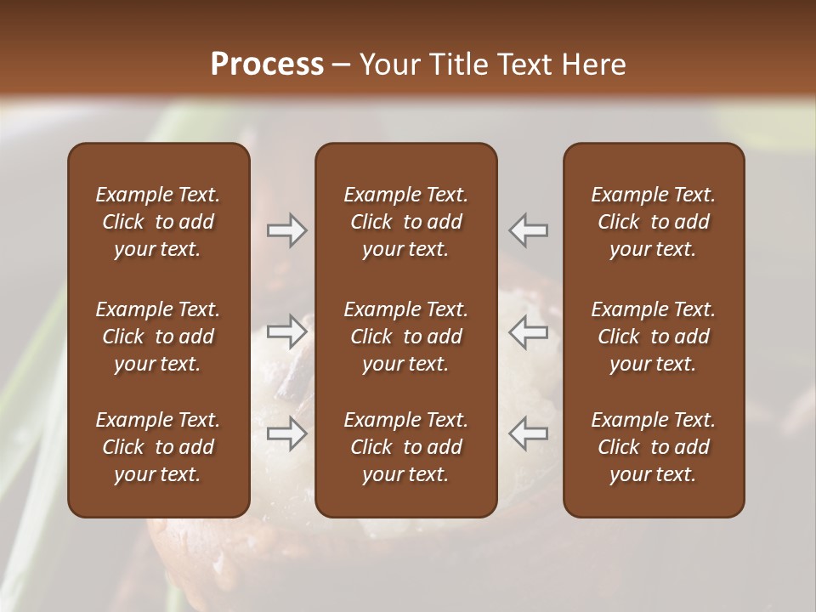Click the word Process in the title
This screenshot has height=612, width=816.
pos(267,65)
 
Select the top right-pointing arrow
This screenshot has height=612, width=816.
pos(287,230)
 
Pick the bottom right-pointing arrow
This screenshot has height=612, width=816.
pos(287,433)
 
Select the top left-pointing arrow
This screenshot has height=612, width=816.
pos(528,230)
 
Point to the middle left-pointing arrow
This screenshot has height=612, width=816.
pos(528,331)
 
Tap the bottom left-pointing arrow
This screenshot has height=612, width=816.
pos(528,433)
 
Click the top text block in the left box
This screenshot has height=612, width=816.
pos(158,222)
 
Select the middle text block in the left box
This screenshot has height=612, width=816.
pos(158,337)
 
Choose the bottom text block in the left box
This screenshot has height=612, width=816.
pos(158,447)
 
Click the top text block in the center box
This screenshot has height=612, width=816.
pos(405,222)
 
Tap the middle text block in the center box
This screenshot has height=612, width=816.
pos(405,337)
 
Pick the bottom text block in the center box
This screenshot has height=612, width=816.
pos(405,447)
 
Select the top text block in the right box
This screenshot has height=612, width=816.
pos(653,222)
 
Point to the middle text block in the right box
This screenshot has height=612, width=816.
pos(653,337)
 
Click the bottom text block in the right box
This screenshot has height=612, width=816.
pos(653,447)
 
